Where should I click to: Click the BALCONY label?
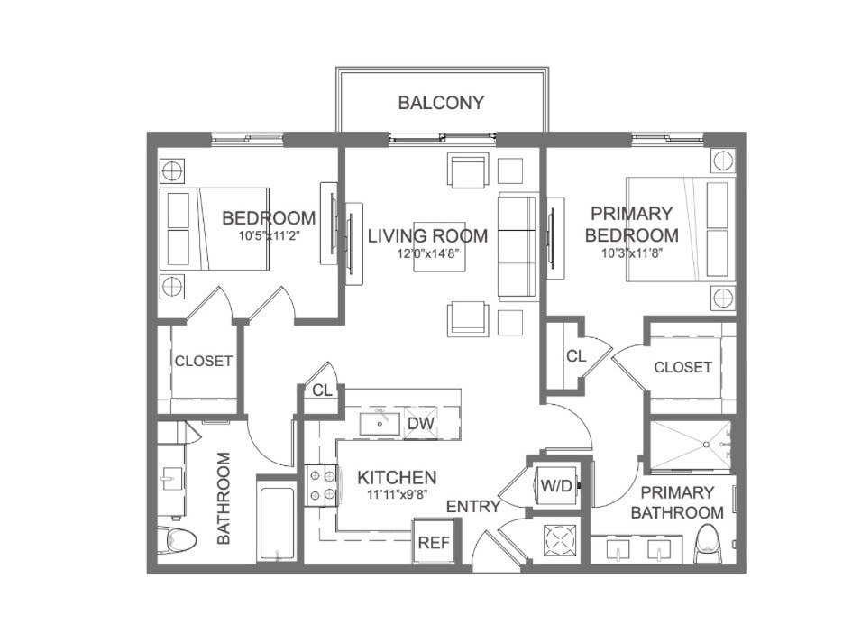point(441,103)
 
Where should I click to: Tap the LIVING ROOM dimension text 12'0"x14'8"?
point(428,254)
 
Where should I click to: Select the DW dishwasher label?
point(420,423)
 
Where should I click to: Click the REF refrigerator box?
point(430,543)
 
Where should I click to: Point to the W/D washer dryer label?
point(555,485)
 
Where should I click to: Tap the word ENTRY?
point(472,507)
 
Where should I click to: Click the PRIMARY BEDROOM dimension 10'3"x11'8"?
point(631,254)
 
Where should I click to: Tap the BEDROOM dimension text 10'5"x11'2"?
point(269,236)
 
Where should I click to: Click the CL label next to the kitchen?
point(321,390)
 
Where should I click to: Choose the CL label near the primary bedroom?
point(576,356)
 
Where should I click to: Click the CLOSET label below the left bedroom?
point(204,361)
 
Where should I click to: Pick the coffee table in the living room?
point(440,246)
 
